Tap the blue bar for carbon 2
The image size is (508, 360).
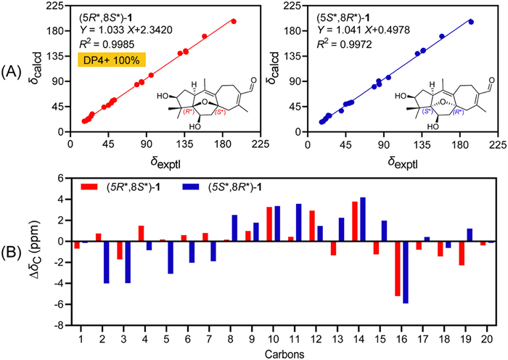click(107, 262)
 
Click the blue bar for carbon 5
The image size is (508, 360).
click(171, 257)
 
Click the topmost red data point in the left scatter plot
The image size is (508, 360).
click(233, 21)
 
